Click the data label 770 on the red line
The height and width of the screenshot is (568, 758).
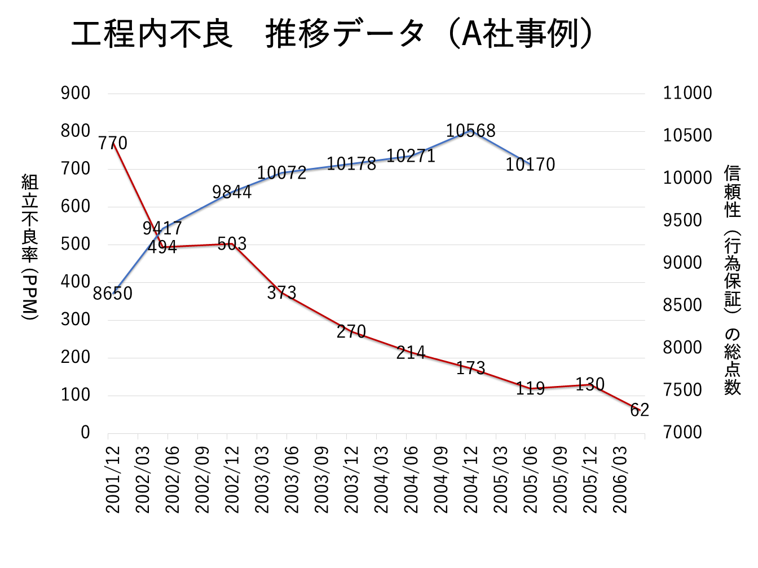tap(113, 143)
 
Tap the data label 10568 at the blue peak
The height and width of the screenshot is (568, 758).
tap(470, 131)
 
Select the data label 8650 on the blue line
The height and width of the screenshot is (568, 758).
tap(113, 294)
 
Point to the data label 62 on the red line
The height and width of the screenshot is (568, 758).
tap(640, 410)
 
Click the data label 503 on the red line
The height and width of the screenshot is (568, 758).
tap(232, 243)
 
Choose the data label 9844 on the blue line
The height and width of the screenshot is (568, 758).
tap(232, 192)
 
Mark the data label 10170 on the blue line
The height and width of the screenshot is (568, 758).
tap(530, 165)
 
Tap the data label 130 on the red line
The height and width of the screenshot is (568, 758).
tap(590, 384)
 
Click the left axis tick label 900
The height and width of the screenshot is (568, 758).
tap(76, 93)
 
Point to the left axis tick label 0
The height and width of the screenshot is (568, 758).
tap(85, 432)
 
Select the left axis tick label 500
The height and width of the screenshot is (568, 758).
tap(76, 244)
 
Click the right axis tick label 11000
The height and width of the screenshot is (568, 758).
tap(687, 93)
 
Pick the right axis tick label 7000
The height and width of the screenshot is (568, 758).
tap(682, 432)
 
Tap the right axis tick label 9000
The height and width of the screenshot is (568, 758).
tap(682, 263)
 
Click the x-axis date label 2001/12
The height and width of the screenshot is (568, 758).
tap(113, 480)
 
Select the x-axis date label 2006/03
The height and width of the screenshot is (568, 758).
tap(620, 480)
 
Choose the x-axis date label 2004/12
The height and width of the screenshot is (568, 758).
tap(471, 480)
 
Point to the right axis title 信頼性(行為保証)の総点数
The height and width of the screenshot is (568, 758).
tap(732, 280)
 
